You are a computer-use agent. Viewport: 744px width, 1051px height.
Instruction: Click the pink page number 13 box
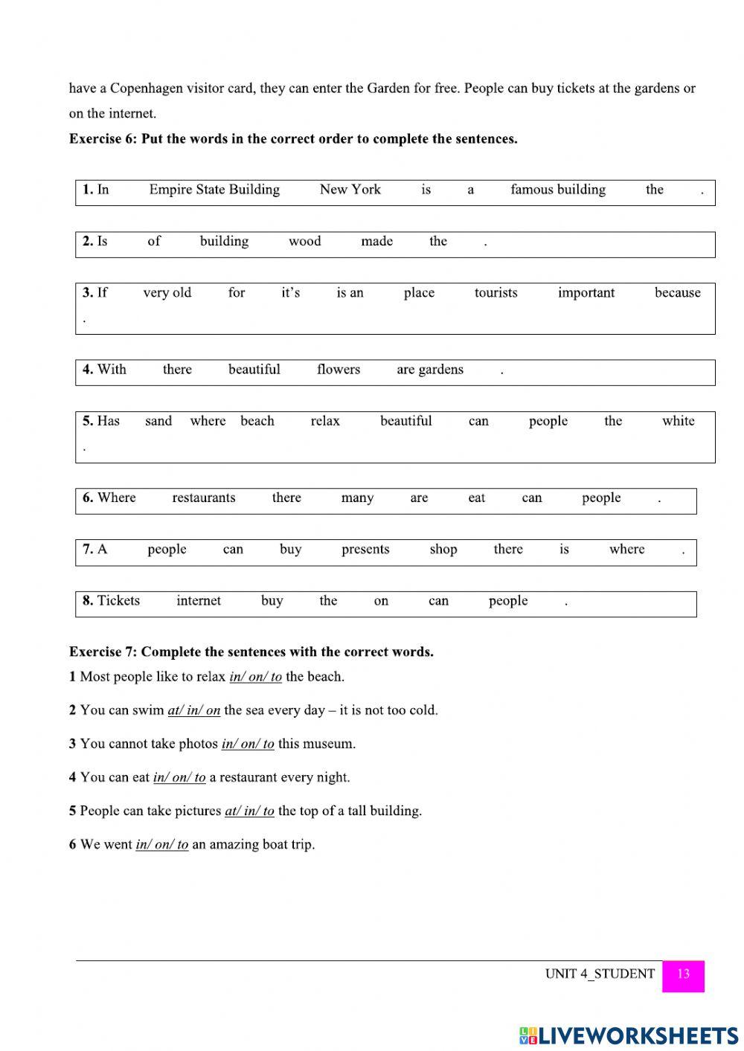click(x=682, y=975)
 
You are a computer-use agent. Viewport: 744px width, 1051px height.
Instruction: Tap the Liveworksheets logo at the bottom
click(x=629, y=1036)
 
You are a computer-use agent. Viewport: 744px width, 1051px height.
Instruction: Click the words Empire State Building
click(x=214, y=190)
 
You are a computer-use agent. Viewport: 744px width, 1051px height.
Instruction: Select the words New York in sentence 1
click(x=350, y=190)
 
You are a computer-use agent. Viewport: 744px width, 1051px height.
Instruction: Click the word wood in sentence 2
click(x=304, y=241)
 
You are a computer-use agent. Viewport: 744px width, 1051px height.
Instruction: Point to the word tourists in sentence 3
click(x=496, y=293)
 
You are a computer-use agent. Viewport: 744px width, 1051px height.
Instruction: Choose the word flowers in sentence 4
click(x=338, y=370)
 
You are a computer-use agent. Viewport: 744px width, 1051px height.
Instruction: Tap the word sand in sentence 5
click(x=158, y=421)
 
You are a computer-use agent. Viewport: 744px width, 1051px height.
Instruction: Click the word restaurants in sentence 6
click(x=203, y=498)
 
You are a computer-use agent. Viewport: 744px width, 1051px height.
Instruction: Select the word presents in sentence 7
click(x=365, y=550)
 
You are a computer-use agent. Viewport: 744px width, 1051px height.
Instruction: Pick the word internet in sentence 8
click(x=199, y=601)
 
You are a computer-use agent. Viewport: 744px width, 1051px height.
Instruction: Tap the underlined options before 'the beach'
click(x=255, y=677)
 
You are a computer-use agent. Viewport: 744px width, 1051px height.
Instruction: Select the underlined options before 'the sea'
click(x=193, y=710)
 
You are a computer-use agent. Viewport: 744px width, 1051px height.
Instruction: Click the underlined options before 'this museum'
click(x=248, y=744)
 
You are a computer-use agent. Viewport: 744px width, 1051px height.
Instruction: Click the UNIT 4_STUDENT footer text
click(x=600, y=974)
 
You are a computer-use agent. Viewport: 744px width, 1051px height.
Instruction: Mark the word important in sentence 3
click(x=586, y=293)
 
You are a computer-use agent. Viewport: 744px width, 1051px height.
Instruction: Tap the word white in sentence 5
click(x=678, y=421)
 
